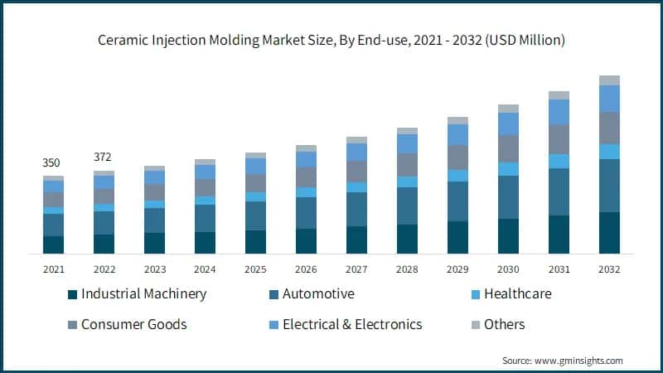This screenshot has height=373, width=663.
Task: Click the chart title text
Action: [x=331, y=38]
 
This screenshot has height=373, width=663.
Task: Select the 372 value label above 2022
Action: [x=104, y=157]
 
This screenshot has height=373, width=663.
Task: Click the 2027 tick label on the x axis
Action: [x=356, y=269]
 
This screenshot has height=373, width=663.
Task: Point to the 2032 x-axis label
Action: [x=609, y=269]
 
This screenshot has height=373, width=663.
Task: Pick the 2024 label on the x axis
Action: [x=205, y=269]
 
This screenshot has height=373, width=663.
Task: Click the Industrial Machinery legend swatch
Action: [x=72, y=294]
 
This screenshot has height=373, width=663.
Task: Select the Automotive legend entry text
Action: [x=318, y=294]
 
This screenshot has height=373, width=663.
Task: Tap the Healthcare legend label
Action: [x=517, y=294]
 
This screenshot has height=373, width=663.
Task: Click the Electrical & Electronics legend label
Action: [x=352, y=324]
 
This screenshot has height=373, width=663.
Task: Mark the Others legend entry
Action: [x=504, y=324]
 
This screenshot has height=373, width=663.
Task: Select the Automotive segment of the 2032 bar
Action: [x=609, y=186]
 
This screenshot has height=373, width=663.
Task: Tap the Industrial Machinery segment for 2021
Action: [x=53, y=245]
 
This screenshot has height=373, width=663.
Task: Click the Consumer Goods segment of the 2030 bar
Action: [x=508, y=148]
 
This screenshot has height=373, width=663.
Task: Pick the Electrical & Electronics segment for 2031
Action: [x=559, y=112]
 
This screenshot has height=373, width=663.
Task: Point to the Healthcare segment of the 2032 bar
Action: [x=609, y=152]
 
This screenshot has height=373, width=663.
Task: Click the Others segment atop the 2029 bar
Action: [x=457, y=120]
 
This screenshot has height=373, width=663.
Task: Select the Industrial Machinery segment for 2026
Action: [x=306, y=240]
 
